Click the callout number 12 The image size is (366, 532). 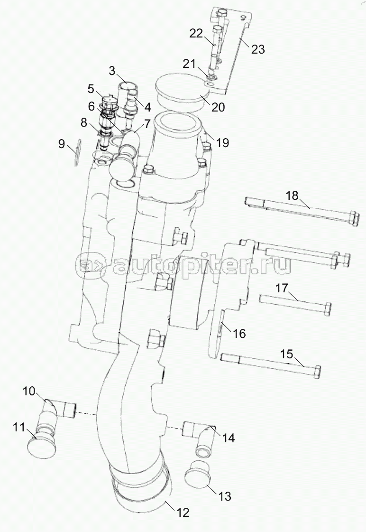pyautogui.click(x=183, y=513)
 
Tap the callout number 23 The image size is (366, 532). pyautogui.click(x=258, y=49)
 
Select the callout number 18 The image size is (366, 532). pyautogui.click(x=293, y=196)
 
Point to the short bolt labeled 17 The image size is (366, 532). pyautogui.click(x=294, y=305)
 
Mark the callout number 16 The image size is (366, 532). pyautogui.click(x=239, y=334)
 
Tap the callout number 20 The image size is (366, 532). pyautogui.click(x=218, y=107)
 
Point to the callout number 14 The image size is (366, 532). pyautogui.click(x=229, y=438)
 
